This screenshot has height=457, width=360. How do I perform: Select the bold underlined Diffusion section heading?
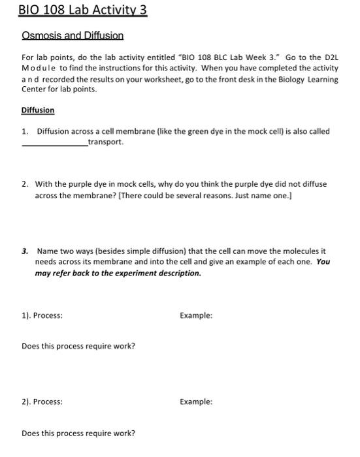point(38,110)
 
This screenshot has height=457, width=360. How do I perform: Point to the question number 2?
point(24,184)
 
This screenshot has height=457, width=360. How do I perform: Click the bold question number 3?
point(25,251)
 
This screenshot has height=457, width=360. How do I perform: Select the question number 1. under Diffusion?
point(25,131)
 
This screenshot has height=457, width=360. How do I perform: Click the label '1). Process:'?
point(42,315)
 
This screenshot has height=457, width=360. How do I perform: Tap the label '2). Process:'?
point(42,402)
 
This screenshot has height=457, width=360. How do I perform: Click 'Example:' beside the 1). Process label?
point(196,315)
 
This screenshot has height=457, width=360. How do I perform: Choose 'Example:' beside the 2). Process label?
point(196,402)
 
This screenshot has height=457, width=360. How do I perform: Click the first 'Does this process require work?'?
point(78,346)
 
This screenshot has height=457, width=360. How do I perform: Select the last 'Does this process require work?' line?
point(78,433)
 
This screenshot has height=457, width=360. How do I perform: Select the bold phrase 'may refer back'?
point(61,273)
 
